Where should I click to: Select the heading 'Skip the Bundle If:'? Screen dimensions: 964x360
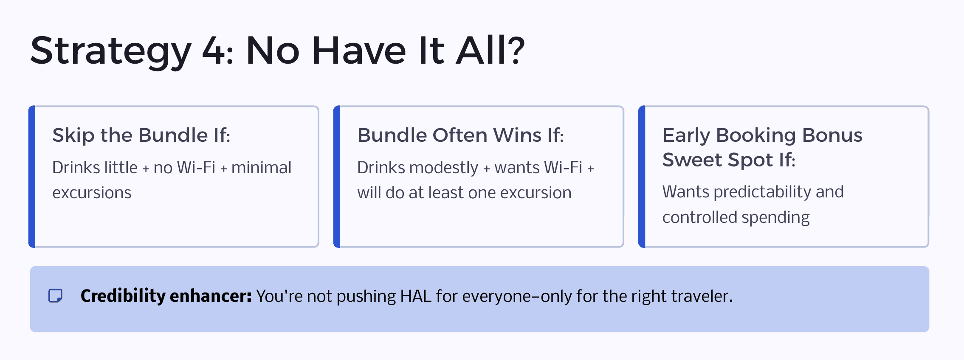pyautogui.click(x=141, y=135)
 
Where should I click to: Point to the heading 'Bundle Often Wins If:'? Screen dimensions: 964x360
pyautogui.click(x=461, y=135)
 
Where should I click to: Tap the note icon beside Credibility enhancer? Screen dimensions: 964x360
pyautogui.click(x=56, y=295)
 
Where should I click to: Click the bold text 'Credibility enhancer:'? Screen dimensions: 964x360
pyautogui.click(x=166, y=296)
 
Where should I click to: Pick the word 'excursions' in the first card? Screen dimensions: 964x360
pyautogui.click(x=92, y=193)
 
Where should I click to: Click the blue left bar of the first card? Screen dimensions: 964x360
pyautogui.click(x=32, y=177)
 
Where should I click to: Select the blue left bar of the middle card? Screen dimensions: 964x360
pyautogui.click(x=337, y=177)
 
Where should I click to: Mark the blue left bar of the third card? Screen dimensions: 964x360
pyautogui.click(x=642, y=177)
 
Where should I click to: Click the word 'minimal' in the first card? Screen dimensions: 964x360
pyautogui.click(x=261, y=167)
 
